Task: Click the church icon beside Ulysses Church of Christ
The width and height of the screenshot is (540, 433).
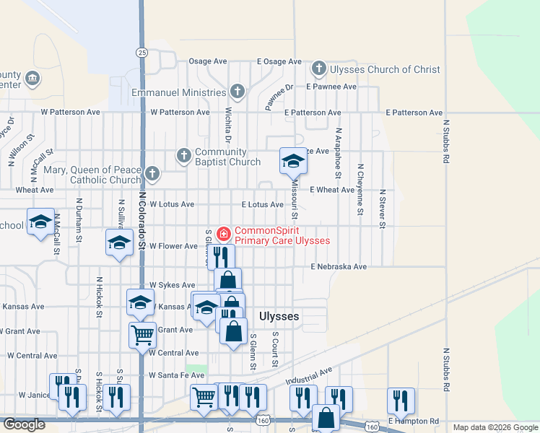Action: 319,69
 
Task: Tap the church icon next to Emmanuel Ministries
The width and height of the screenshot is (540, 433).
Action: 238,92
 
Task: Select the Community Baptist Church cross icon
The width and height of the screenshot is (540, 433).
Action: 184,155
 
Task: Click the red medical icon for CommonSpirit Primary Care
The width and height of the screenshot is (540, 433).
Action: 223,234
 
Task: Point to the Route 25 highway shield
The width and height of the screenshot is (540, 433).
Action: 141,52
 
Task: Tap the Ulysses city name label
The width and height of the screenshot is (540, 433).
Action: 279,316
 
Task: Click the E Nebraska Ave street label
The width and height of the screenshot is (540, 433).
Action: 339,266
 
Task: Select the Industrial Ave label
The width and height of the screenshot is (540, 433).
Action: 308,375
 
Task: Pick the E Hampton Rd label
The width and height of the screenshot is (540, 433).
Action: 413,420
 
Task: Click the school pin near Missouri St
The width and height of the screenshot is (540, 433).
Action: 293,162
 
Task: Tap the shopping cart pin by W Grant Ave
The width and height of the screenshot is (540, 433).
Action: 142,334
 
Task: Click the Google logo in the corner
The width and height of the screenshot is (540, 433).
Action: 23,424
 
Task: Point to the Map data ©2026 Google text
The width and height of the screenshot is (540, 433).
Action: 495,427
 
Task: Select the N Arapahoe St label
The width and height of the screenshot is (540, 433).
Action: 337,154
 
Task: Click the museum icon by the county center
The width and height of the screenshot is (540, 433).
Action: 32,77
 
